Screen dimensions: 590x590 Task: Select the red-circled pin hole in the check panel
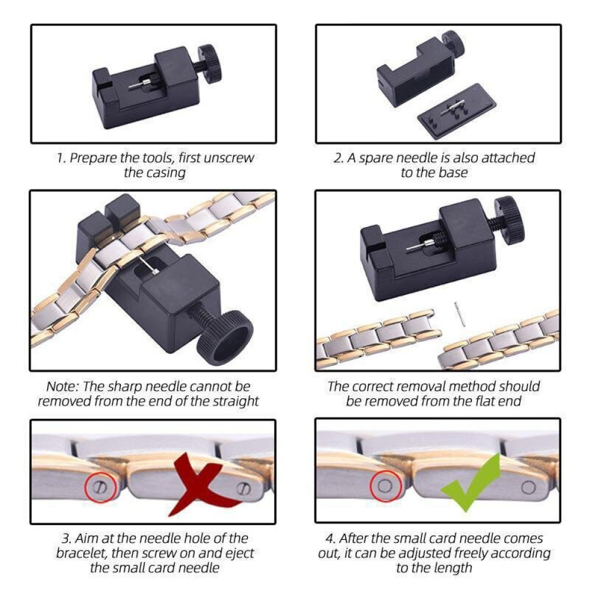(385, 486)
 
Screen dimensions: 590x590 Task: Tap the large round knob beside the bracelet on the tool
(225, 337)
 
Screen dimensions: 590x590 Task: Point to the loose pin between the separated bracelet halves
(458, 314)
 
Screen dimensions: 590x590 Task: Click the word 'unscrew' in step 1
(228, 158)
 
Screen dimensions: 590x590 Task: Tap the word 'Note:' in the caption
(63, 386)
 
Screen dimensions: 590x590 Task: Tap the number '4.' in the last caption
(330, 539)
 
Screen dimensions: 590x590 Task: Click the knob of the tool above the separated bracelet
(509, 221)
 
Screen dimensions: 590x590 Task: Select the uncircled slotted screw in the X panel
(243, 489)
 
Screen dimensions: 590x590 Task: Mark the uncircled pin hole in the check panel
(528, 487)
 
